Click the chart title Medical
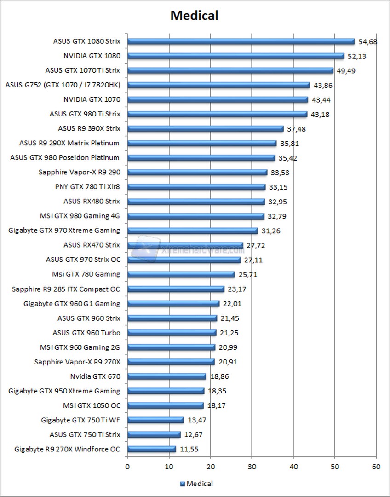(x=194, y=16)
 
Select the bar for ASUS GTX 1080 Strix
(x=241, y=41)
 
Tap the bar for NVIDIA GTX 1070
(x=218, y=99)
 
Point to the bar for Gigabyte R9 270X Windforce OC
(x=151, y=449)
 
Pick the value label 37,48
(x=297, y=129)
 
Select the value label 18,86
(x=219, y=376)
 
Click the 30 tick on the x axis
(x=252, y=467)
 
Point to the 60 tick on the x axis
(x=376, y=467)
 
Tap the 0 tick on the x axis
(x=127, y=467)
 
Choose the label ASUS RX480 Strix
(x=92, y=201)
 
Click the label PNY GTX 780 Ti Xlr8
(x=87, y=186)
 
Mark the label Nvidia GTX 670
(x=95, y=376)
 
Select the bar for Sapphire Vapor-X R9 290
(x=197, y=172)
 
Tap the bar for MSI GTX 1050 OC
(x=165, y=405)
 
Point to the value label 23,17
(x=237, y=289)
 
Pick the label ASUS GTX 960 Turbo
(x=86, y=333)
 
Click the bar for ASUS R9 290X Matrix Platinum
(x=201, y=143)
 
